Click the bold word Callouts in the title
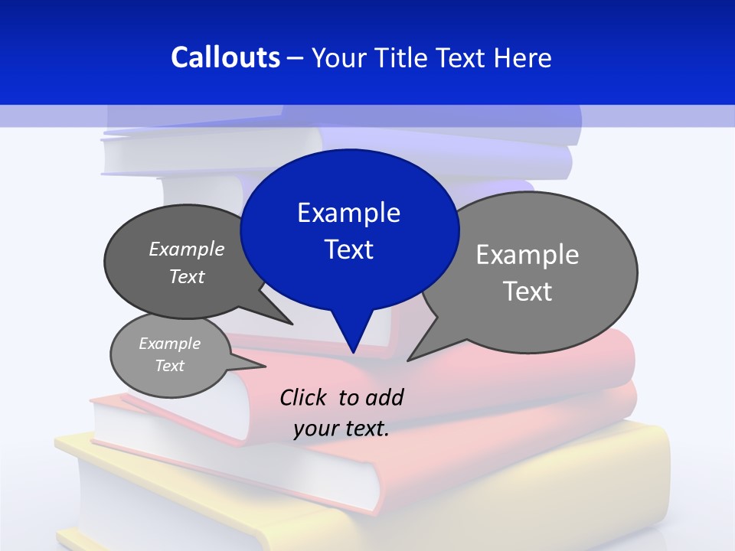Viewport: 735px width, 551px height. pos(225,57)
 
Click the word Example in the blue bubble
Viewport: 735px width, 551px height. pos(348,213)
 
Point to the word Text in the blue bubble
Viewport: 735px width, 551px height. pos(348,249)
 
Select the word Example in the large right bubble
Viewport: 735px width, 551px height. pos(528,255)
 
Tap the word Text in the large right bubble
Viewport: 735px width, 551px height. pos(528,292)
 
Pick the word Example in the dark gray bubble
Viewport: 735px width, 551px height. pos(187,249)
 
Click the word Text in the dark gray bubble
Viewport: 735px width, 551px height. pos(187,276)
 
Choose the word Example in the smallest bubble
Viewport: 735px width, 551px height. pos(169,344)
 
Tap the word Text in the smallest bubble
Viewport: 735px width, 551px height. pos(169,366)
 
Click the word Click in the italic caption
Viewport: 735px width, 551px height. pos(303,397)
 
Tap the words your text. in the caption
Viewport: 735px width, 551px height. pos(341,428)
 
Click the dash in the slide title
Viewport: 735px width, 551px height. pos(296,58)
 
